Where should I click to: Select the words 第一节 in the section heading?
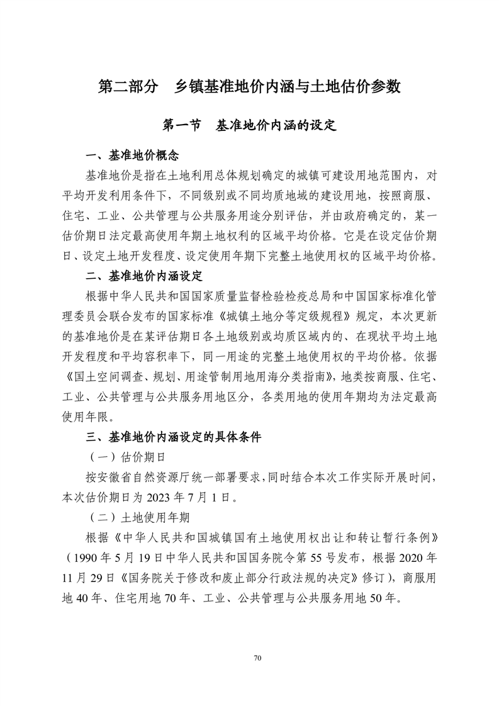tap(181, 125)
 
